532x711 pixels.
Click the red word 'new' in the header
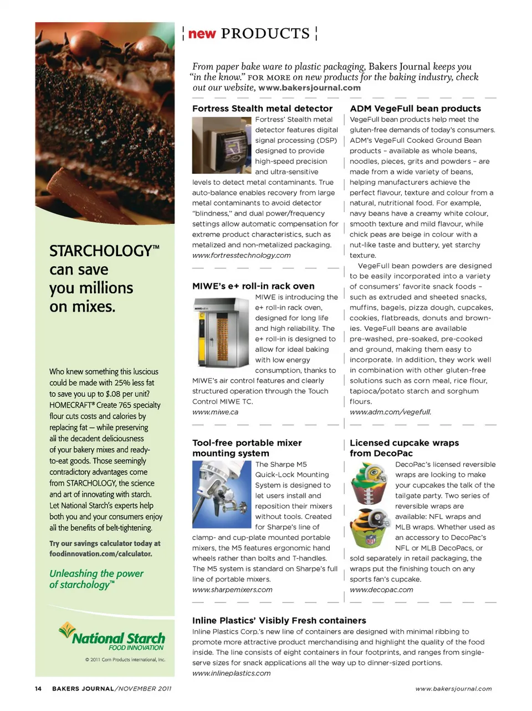pyautogui.click(x=202, y=34)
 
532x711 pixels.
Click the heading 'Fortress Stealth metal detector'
pyautogui.click(x=262, y=108)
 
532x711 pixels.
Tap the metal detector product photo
pyautogui.click(x=222, y=145)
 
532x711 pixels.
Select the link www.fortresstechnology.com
pyautogui.click(x=241, y=255)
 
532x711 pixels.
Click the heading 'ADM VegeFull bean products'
pyautogui.click(x=415, y=108)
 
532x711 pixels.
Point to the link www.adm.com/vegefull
pyautogui.click(x=390, y=412)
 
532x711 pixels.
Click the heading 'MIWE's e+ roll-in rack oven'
pyautogui.click(x=253, y=286)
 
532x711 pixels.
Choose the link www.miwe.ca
pyautogui.click(x=215, y=412)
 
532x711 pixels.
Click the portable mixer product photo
pyautogui.click(x=222, y=494)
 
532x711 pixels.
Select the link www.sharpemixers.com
pyautogui.click(x=232, y=589)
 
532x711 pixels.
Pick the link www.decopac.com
pyautogui.click(x=381, y=589)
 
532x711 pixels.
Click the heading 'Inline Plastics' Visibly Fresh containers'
pyautogui.click(x=279, y=620)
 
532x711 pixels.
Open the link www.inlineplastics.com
pyautogui.click(x=231, y=673)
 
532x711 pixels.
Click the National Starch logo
pyautogui.click(x=113, y=638)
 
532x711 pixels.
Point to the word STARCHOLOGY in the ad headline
pyautogui.click(x=100, y=251)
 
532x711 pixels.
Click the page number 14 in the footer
pyautogui.click(x=38, y=688)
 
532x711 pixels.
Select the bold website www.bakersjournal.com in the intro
pyautogui.click(x=309, y=87)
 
